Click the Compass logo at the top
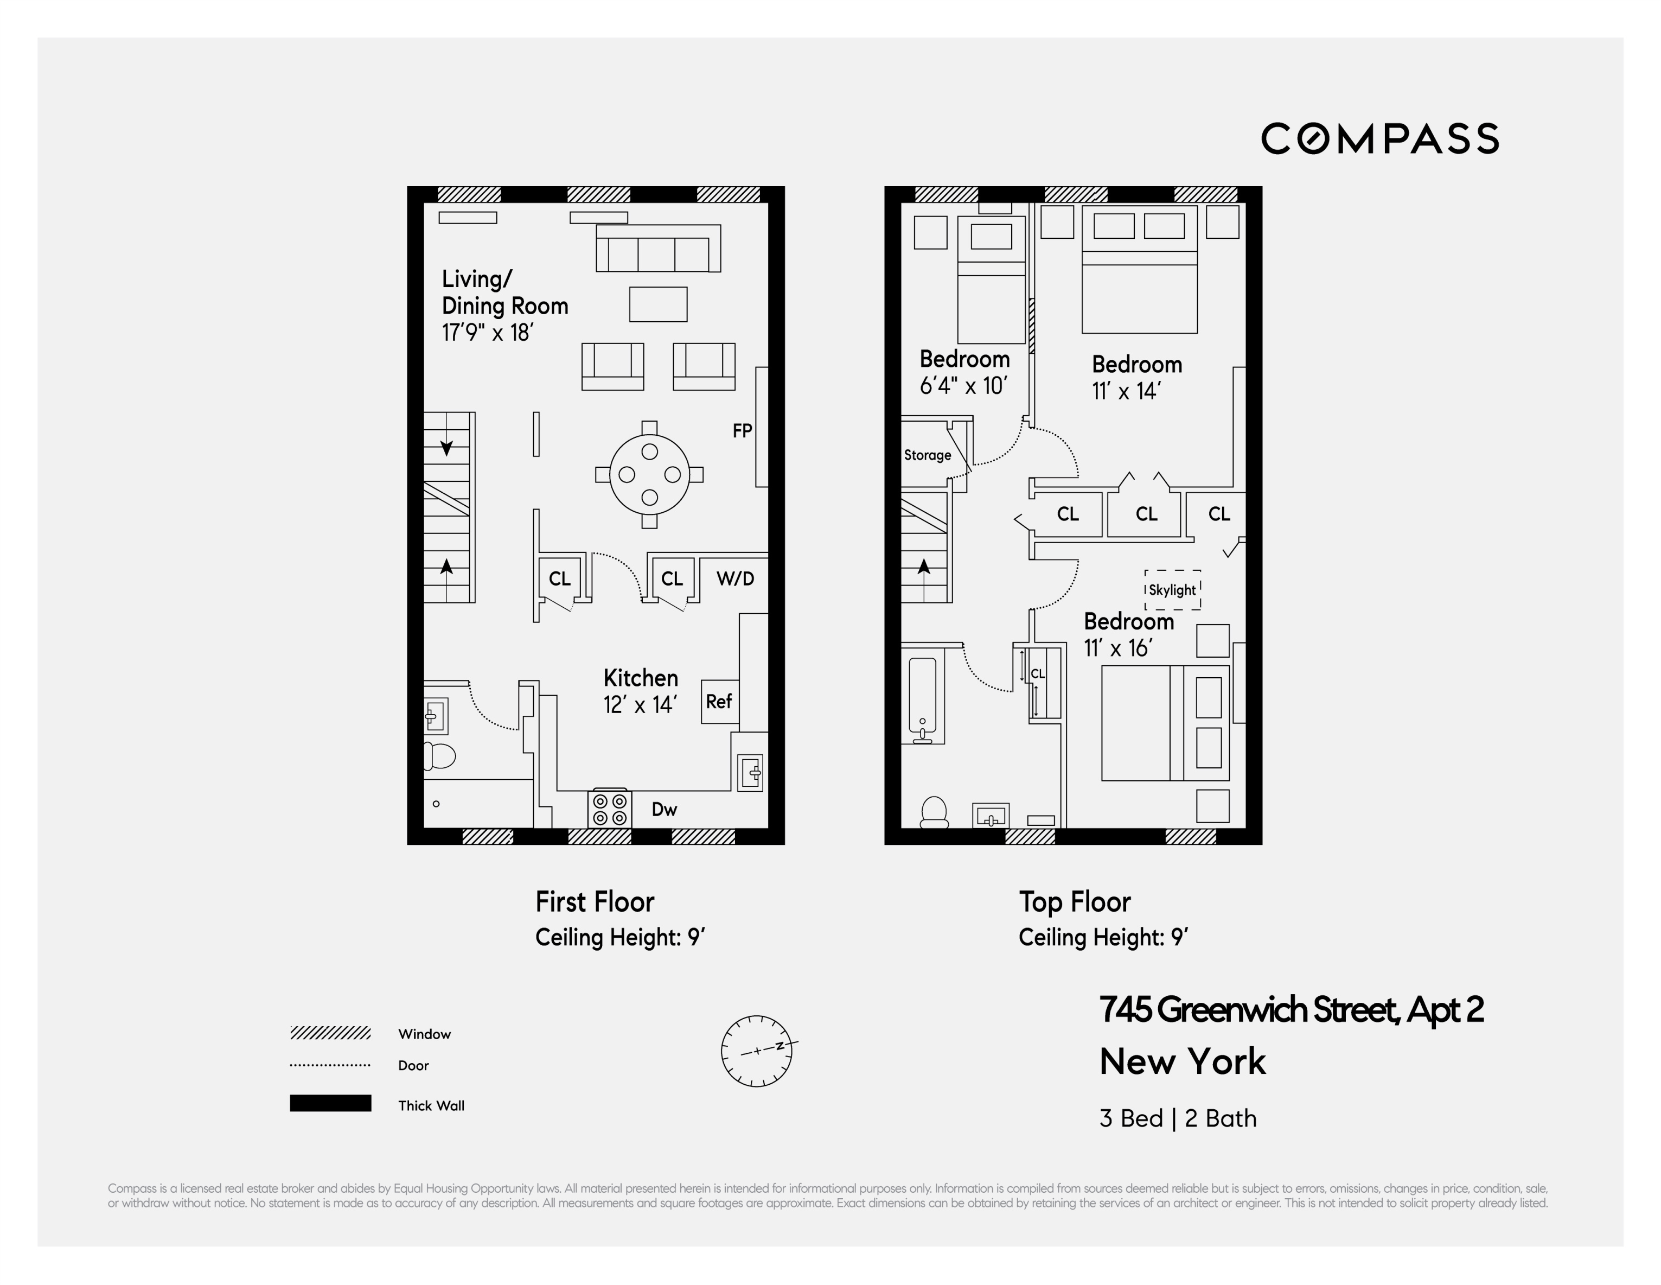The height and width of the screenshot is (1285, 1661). click(x=1379, y=138)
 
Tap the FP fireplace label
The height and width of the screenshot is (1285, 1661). click(x=742, y=431)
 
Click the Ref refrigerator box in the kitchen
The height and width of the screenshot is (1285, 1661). click(x=719, y=702)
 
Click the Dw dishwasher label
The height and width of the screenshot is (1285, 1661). click(x=664, y=810)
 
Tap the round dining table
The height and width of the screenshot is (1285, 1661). click(x=649, y=475)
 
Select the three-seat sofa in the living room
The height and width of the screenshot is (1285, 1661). click(x=659, y=249)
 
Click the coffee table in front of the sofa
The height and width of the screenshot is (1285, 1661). click(x=659, y=304)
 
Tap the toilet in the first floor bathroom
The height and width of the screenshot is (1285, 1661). click(x=439, y=756)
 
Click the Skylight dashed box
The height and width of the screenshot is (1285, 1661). click(x=1173, y=590)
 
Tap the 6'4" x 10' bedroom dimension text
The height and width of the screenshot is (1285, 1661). click(x=963, y=386)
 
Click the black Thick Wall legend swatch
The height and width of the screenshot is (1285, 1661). click(x=330, y=1103)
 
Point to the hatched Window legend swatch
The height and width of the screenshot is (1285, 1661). click(x=330, y=1033)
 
